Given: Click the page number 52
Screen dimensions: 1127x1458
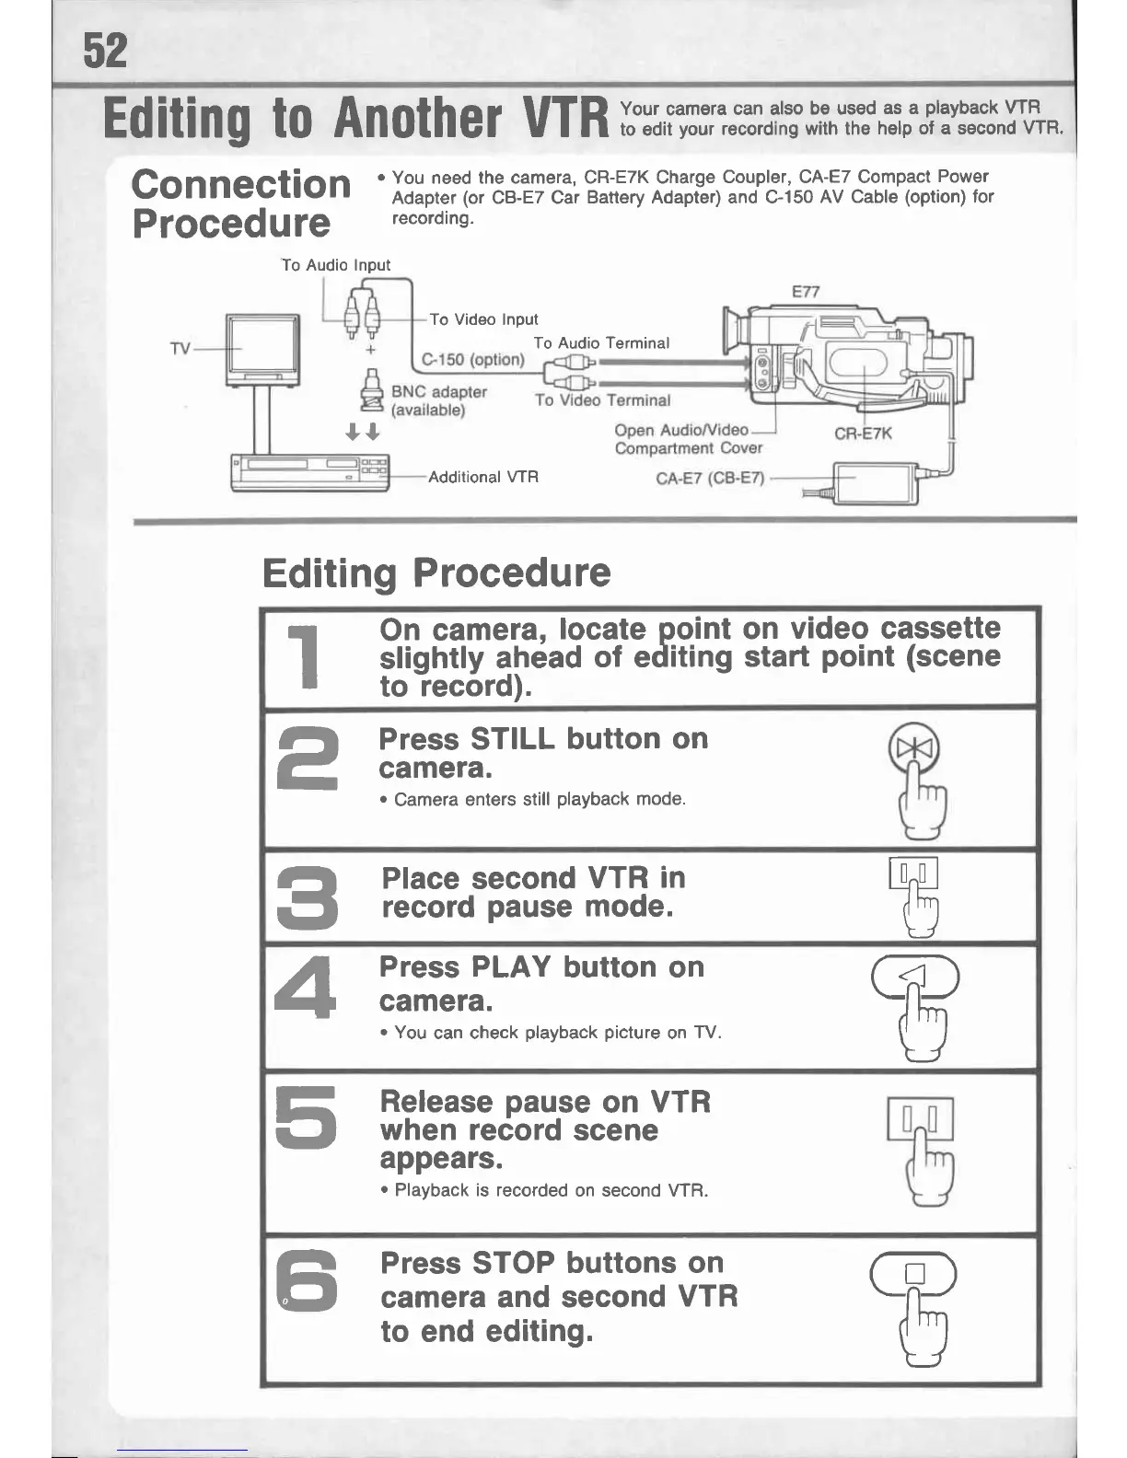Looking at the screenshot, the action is point(105,51).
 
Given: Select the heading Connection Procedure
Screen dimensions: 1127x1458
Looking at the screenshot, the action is point(240,203).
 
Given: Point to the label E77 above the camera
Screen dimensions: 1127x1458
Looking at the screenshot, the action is point(805,292).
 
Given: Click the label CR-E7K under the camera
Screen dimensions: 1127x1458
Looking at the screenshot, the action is point(863,434).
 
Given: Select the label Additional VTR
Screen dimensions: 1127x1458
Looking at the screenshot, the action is point(483,477).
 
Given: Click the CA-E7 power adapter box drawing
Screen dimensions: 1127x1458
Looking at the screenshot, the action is point(875,482).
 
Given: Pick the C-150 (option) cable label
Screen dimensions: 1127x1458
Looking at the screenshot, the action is point(472,359).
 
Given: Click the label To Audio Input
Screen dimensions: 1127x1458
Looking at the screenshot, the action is point(336,265).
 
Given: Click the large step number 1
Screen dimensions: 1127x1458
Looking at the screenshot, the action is point(305,657).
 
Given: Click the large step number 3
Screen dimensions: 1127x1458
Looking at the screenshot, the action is point(308,897).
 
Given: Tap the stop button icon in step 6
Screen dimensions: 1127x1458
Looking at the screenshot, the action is point(914,1274).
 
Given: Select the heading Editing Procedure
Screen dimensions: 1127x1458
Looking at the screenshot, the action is point(436,573).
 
